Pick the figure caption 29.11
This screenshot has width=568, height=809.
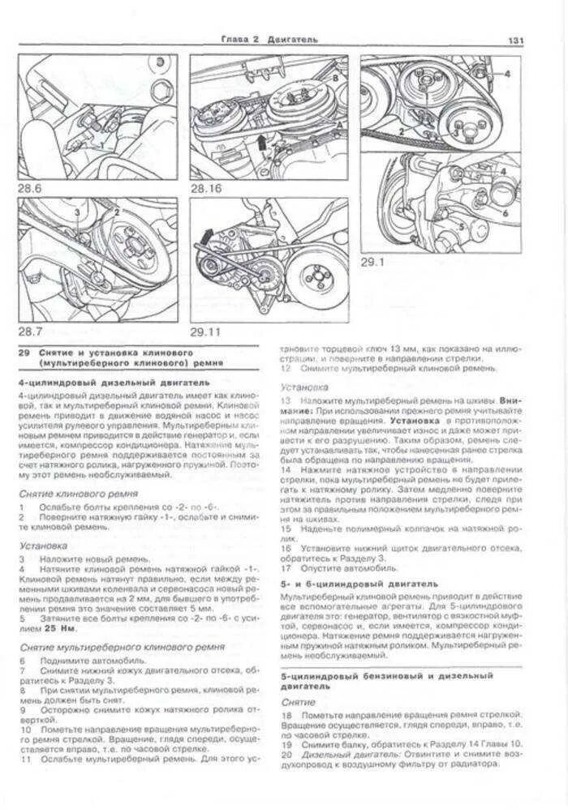tap(206, 332)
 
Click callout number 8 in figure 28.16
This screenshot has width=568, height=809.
tap(333, 75)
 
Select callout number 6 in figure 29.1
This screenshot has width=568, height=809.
tap(504, 212)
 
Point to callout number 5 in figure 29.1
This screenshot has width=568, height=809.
tap(462, 229)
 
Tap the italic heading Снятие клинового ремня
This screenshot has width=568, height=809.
tap(77, 493)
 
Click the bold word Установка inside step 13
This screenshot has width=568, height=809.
tap(415, 422)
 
